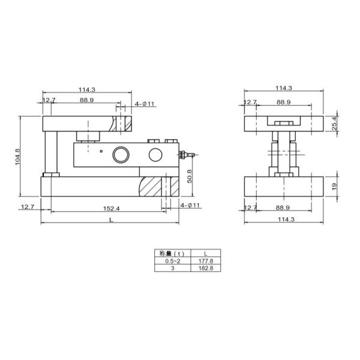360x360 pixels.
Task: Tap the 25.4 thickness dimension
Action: [334, 124]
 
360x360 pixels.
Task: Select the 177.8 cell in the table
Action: [205, 261]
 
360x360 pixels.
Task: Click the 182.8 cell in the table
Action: [205, 268]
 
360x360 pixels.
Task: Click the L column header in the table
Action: [205, 254]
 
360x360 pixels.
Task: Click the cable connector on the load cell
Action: [187, 155]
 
